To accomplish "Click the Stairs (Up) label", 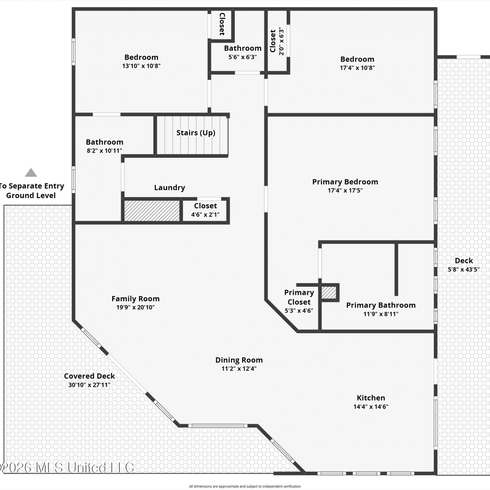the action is point(196,133).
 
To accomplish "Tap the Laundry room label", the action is point(170,188).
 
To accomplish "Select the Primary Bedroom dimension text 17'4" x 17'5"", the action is point(345,190).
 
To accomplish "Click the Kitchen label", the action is point(371,398).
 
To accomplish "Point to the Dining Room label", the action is point(239,360).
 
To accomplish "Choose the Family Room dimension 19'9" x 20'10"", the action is point(136,307).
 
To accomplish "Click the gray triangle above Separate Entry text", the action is point(31,172).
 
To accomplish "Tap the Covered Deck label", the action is point(89,376).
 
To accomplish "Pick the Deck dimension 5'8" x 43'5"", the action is point(464,269).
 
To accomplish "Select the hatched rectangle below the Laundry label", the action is point(152,211).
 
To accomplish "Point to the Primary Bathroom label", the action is point(381,305).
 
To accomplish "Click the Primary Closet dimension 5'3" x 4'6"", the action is point(299,311).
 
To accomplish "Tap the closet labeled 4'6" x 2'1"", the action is point(205,210).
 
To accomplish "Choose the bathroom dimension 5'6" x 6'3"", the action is point(242,57).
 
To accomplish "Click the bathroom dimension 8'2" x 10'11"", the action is point(105,151).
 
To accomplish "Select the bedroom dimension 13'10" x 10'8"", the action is point(141,66).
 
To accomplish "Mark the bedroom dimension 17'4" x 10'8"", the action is point(357,68).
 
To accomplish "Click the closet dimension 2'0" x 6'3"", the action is point(281,41).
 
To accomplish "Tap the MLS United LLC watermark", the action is point(67,467).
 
